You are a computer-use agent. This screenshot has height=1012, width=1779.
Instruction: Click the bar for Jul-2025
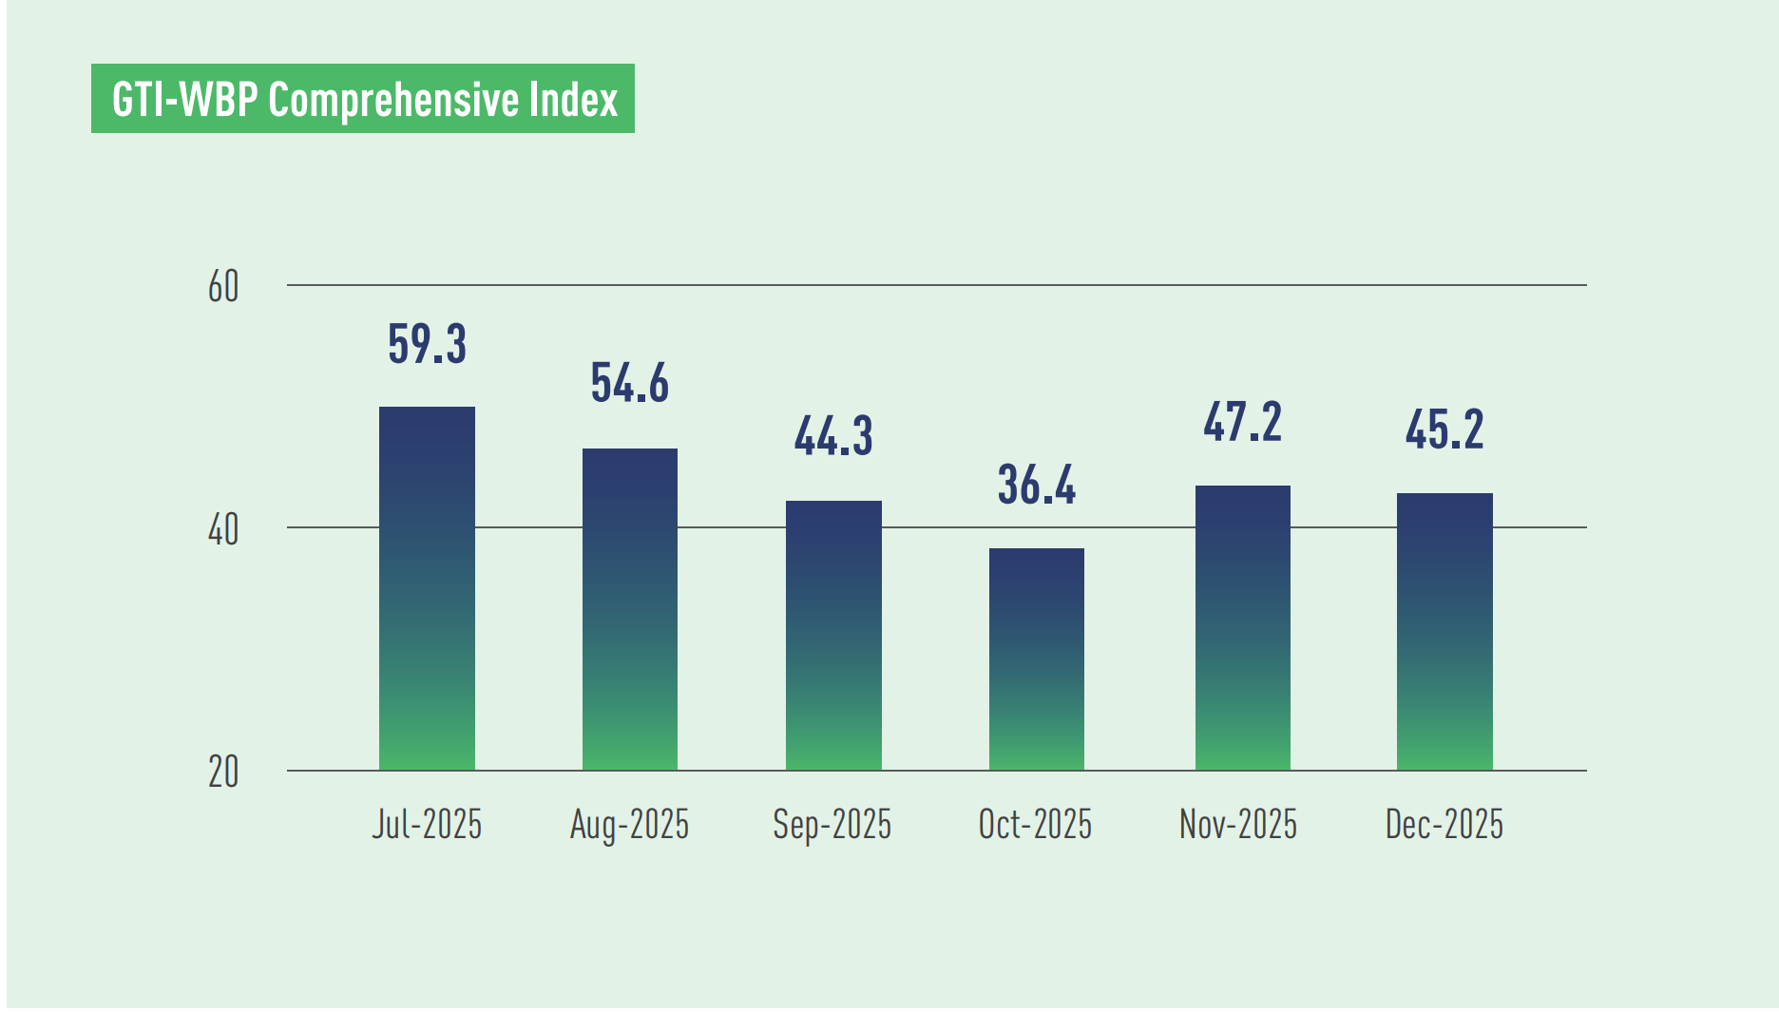coord(427,588)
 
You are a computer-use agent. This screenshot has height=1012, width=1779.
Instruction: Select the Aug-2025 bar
coord(629,609)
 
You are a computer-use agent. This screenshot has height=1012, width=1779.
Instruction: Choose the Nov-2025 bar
coord(1242,627)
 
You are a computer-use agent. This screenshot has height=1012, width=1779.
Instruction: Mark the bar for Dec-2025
coord(1444,631)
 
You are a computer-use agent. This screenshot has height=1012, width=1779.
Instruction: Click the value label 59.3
coord(427,344)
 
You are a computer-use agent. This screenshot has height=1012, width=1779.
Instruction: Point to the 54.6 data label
coord(629,384)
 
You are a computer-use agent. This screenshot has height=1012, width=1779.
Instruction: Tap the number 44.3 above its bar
coord(833,437)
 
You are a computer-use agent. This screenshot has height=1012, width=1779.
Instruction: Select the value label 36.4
coord(1036,486)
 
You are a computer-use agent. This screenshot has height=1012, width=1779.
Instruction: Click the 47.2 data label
coord(1242,423)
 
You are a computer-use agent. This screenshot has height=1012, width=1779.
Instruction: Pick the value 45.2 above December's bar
coord(1444,430)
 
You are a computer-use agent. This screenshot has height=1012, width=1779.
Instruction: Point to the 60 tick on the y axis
coord(223,287)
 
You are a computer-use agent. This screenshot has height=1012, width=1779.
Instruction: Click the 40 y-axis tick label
coord(223,529)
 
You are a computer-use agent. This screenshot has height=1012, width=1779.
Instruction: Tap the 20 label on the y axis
coord(223,773)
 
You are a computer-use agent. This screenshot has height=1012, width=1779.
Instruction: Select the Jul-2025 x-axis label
coord(427,824)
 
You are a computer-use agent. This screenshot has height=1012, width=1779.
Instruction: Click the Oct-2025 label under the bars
coord(1035,824)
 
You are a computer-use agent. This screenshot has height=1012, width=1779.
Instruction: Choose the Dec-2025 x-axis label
coord(1444,824)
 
